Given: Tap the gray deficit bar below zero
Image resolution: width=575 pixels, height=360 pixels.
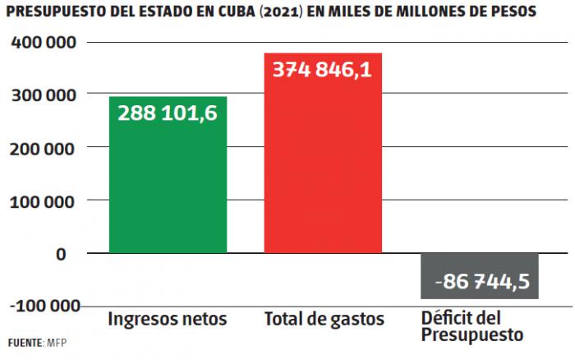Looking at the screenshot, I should (480, 276).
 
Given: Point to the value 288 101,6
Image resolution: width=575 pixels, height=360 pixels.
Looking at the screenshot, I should (168, 113).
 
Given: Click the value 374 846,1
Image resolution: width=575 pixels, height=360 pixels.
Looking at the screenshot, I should (322, 71).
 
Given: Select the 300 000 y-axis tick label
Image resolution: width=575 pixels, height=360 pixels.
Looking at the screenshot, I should (45, 95).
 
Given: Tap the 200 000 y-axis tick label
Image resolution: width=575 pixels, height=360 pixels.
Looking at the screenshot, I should (45, 147).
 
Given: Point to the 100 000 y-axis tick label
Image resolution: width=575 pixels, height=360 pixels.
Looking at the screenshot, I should (45, 200).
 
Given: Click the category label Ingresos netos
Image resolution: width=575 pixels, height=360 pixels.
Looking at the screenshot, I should (167, 318).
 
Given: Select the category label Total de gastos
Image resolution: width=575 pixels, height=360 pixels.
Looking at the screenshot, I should (323, 318).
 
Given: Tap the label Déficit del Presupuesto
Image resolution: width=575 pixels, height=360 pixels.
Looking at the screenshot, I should (472, 326).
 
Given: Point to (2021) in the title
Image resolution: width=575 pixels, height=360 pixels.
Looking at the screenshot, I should (289, 13).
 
